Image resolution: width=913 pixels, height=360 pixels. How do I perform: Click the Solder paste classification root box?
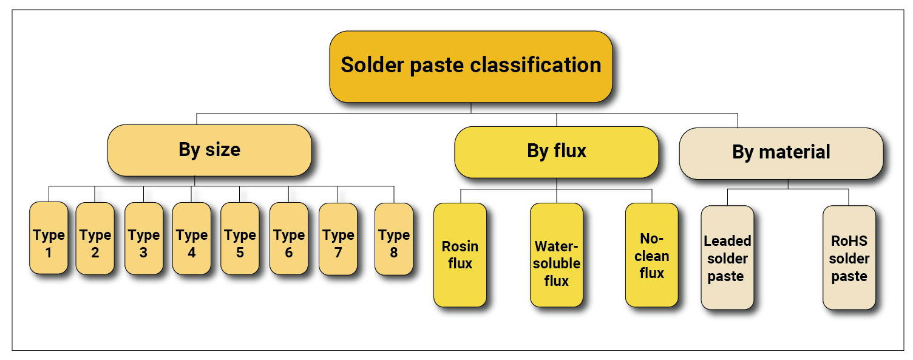pyautogui.click(x=470, y=66)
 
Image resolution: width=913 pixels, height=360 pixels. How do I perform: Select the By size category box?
pyautogui.click(x=209, y=150)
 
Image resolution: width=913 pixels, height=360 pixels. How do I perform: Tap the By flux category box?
pyautogui.click(x=556, y=151)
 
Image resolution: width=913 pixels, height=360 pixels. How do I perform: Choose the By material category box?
pyautogui.click(x=781, y=152)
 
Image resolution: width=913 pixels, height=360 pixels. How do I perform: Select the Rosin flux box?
pyautogui.click(x=460, y=254)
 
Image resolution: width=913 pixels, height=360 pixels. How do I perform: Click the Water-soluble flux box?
pyautogui.click(x=556, y=254)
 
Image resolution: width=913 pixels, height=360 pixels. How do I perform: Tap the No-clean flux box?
pyautogui.click(x=651, y=254)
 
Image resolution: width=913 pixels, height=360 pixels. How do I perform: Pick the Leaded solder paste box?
pyautogui.click(x=727, y=257)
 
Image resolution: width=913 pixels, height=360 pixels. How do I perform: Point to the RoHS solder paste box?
pyautogui.click(x=849, y=257)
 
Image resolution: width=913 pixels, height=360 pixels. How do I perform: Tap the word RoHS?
pyautogui.click(x=850, y=241)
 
